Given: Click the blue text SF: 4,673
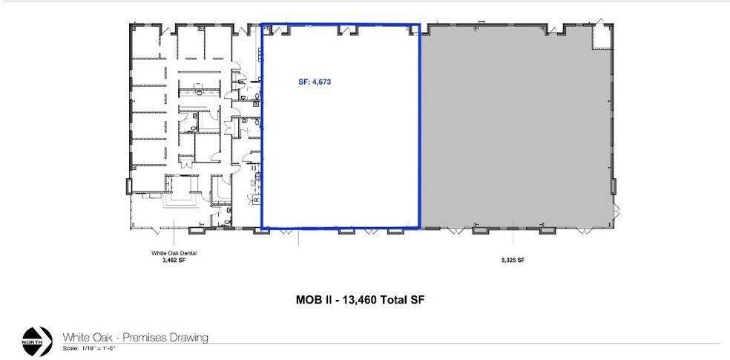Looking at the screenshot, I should click(310, 83).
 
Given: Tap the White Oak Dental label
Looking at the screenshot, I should click(174, 253).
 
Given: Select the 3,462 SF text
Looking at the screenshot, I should click(174, 260).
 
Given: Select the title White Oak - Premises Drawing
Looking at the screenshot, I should click(135, 337).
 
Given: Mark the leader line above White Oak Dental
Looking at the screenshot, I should click(174, 236).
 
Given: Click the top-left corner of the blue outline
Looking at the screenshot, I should click(262, 24).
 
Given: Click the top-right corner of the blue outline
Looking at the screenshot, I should click(420, 24).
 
